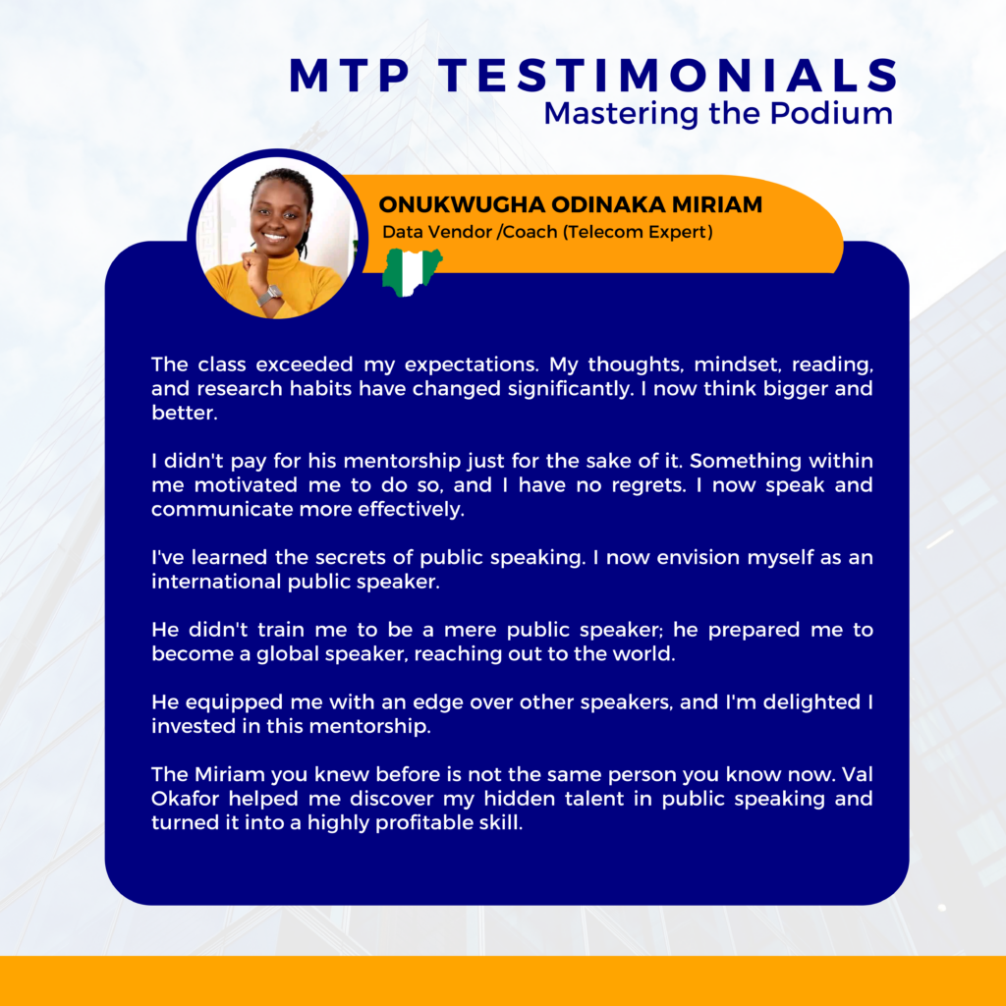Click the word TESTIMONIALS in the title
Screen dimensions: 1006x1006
point(670,75)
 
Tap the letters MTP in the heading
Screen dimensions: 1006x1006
point(349,75)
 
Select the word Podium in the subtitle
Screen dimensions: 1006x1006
point(831,114)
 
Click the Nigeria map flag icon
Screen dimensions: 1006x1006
point(412,272)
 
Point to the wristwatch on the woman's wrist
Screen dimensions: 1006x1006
point(269,296)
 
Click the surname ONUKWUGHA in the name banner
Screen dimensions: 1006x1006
point(462,204)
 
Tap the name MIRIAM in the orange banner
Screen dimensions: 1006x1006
point(716,204)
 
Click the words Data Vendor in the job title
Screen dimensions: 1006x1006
point(437,232)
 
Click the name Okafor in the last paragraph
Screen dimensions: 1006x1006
point(187,799)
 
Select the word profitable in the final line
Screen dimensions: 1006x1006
point(418,823)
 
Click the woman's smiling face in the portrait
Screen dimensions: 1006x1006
point(278,218)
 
